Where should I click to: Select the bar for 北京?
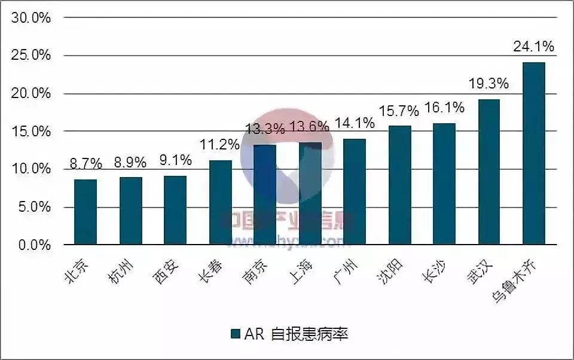tap(86, 212)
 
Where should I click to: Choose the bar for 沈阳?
tap(399, 185)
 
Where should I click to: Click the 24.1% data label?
tap(533, 46)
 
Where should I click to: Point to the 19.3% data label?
tap(488, 83)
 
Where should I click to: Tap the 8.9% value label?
tap(130, 162)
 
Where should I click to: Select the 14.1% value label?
tap(355, 123)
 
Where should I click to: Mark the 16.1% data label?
tap(444, 108)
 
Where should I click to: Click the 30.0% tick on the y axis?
tap(30, 17)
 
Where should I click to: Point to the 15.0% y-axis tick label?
tap(30, 132)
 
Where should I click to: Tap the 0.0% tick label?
tap(33, 245)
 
